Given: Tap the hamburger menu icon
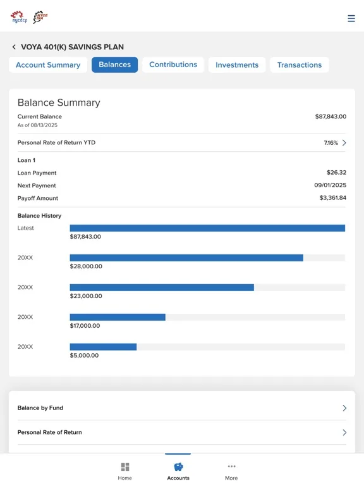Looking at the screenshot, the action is (x=351, y=18).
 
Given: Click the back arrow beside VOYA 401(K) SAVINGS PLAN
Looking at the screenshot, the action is (x=14, y=47).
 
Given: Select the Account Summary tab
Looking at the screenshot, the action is (x=48, y=65).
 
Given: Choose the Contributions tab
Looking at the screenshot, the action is (x=173, y=65).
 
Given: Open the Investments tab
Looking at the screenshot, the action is (x=237, y=65).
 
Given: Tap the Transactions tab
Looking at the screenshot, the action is (x=300, y=65).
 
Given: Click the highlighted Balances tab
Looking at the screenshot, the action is (x=114, y=65).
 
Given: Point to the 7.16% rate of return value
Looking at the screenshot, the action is (x=331, y=143).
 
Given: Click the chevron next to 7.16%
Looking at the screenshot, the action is (x=344, y=142).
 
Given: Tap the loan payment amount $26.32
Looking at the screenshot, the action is (x=336, y=172).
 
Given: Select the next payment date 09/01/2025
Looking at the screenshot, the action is (x=331, y=185).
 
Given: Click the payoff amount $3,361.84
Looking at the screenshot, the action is (x=333, y=197).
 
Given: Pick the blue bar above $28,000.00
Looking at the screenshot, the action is (x=186, y=258).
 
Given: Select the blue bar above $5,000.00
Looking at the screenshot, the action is (x=103, y=347).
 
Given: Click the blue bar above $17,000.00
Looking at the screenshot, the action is (x=118, y=317).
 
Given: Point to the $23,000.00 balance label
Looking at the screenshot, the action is (x=86, y=296).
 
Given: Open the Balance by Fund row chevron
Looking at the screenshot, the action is (x=344, y=408).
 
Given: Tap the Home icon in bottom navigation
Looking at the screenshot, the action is (x=125, y=467).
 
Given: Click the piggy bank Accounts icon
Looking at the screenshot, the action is (x=178, y=466).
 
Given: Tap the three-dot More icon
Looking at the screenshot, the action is (x=231, y=466).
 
